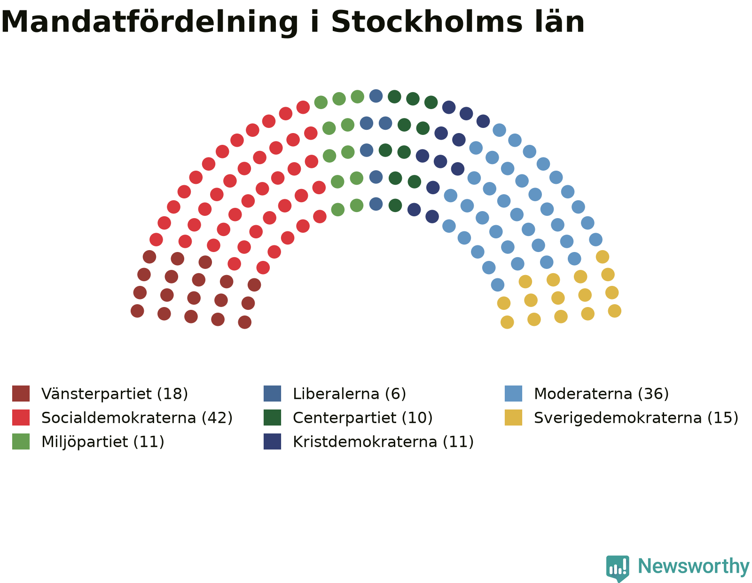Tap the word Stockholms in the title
[426, 22]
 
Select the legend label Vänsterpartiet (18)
[115, 394]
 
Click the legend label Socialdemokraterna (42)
[137, 418]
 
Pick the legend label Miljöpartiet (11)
[103, 442]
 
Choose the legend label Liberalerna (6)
[349, 394]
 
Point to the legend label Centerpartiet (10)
[363, 418]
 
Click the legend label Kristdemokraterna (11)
[383, 442]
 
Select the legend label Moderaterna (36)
[601, 394]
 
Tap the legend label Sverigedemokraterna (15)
[636, 418]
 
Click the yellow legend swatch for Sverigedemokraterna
[513, 418]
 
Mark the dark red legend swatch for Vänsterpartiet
[21, 394]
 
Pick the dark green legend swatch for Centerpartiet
[272, 418]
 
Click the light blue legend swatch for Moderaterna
[513, 394]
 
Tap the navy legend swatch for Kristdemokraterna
[272, 441]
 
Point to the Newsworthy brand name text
[693, 567]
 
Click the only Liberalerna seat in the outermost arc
[376, 96]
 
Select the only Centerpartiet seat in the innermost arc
[395, 205]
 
